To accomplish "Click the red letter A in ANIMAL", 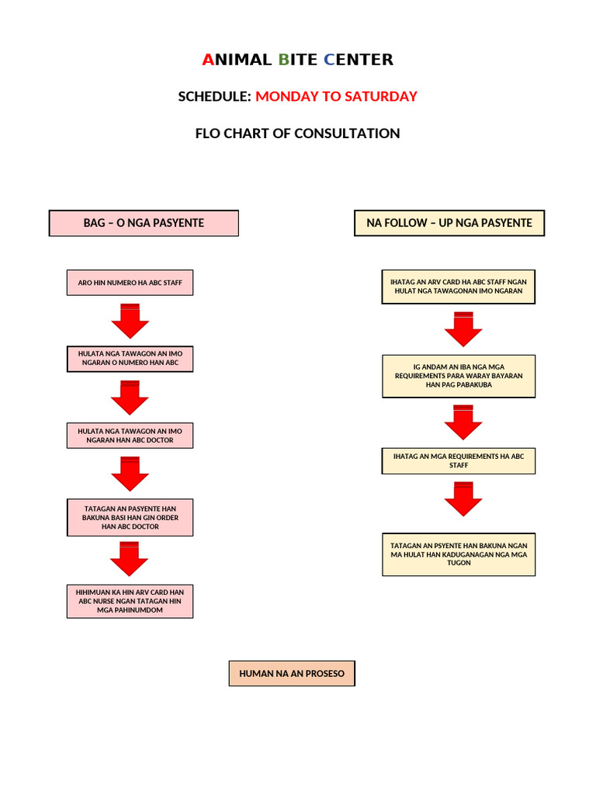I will [x=207, y=60].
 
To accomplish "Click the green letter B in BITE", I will [x=283, y=60].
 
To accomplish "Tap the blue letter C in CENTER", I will [x=329, y=60].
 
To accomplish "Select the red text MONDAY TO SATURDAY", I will [x=336, y=96].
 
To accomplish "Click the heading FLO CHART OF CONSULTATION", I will [x=297, y=134].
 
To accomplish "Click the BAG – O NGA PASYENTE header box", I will [x=144, y=223].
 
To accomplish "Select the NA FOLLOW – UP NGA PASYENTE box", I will [x=449, y=223].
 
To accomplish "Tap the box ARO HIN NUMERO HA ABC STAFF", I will [x=130, y=283].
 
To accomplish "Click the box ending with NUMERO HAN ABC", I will [x=130, y=358].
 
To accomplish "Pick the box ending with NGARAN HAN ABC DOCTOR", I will [x=130, y=436].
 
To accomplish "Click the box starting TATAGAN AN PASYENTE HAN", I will [x=130, y=517].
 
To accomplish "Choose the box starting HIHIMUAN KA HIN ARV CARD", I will [x=130, y=601].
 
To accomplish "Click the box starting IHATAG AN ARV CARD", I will [x=459, y=286].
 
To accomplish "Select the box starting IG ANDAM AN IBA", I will [x=459, y=376].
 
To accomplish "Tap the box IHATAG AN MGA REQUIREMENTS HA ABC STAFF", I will [x=459, y=461].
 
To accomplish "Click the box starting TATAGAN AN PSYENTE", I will [x=459, y=554].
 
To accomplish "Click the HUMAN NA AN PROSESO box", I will [x=292, y=673].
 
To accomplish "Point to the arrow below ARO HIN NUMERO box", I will [x=130, y=320].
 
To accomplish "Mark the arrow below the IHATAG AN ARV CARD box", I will [x=463, y=328].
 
